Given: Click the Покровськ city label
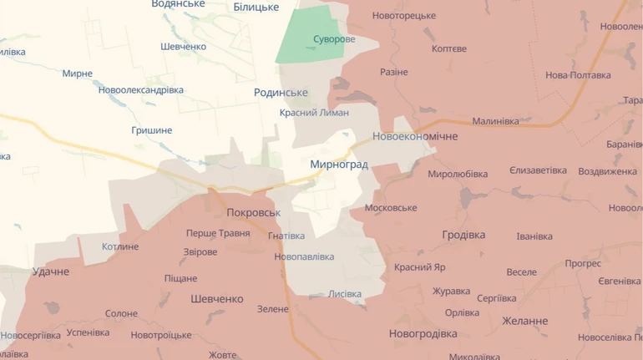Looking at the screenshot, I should click(253, 212).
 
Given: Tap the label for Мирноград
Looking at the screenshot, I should click(338, 165).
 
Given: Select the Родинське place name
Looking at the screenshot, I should click(281, 93).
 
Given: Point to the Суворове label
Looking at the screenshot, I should click(334, 39).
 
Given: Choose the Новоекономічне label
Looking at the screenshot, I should click(415, 136).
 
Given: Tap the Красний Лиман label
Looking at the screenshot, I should click(314, 113).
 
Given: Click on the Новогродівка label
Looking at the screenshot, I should click(423, 333).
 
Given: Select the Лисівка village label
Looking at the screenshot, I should click(345, 294).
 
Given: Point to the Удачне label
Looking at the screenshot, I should click(50, 271).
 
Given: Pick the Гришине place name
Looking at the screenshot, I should click(151, 130).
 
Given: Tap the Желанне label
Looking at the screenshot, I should click(525, 321).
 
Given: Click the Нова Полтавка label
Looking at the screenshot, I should click(578, 75).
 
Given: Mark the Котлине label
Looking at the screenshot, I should click(120, 247).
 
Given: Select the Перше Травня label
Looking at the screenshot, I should click(217, 233).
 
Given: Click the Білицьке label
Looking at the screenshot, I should click(256, 7).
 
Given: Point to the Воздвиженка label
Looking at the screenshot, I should click(607, 171).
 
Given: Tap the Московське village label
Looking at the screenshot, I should click(391, 207).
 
